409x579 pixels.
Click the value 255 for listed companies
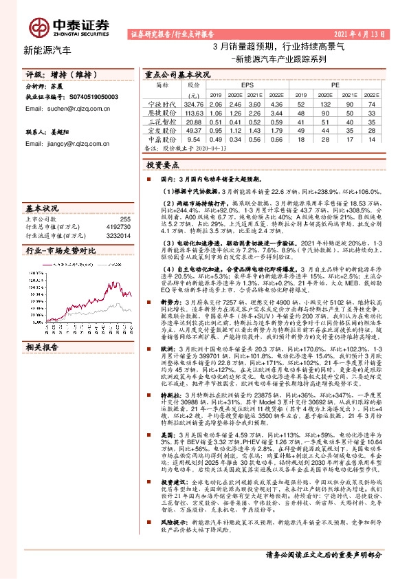pyautogui.click(x=125, y=219)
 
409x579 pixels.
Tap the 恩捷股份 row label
pyautogui.click(x=162, y=113)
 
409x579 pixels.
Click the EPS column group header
pyautogui.click(x=247, y=85)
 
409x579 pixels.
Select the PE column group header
pyautogui.click(x=335, y=85)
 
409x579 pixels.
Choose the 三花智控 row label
pyautogui.click(x=162, y=121)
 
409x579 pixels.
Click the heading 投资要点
pyautogui.click(x=162, y=166)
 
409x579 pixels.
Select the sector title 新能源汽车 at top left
pyautogui.click(x=47, y=50)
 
